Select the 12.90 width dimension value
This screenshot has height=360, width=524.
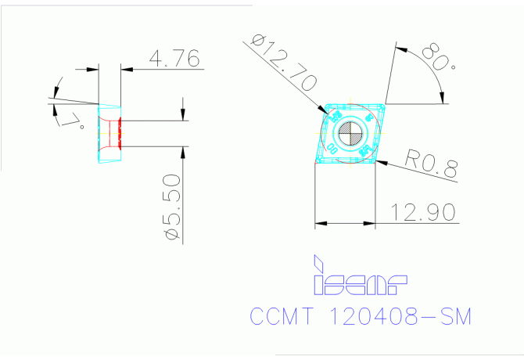(424, 211)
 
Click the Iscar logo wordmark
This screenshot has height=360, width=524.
(361, 283)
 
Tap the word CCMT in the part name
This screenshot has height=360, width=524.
(282, 317)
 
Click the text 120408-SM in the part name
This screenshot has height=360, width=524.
(400, 317)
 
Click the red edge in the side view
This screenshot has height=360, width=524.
(120, 133)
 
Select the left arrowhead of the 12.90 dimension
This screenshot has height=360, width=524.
(319, 225)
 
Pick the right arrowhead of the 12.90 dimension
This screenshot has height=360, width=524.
(371, 225)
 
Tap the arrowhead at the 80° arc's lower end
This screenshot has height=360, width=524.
(444, 98)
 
